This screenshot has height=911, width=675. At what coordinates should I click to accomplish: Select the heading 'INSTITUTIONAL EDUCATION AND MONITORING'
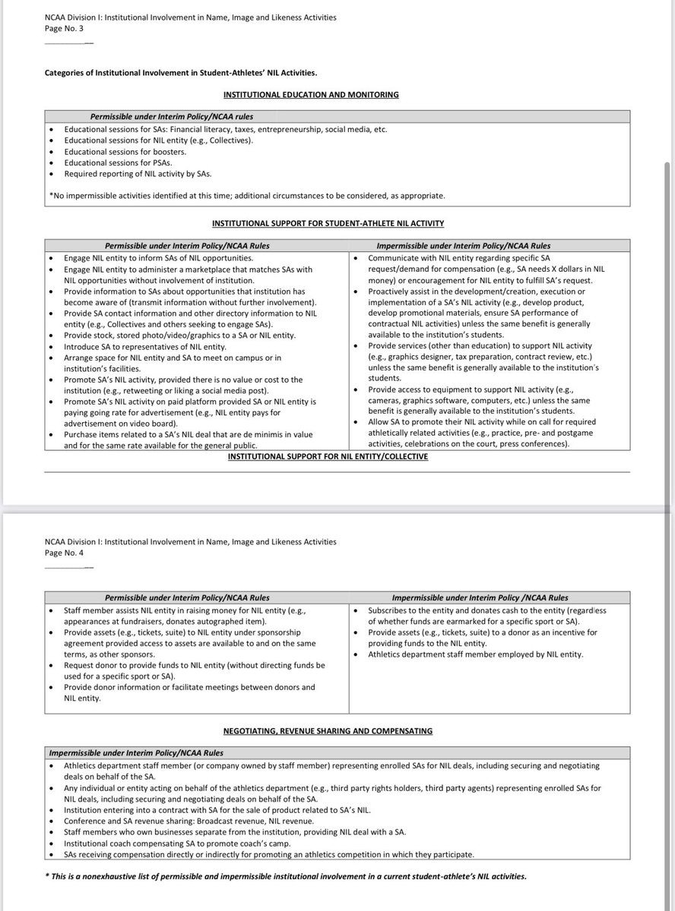(311, 94)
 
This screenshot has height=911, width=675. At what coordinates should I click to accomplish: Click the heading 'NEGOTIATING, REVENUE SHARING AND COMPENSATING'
(328, 731)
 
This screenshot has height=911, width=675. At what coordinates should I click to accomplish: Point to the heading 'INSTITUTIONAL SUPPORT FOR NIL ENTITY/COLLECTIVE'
(328, 456)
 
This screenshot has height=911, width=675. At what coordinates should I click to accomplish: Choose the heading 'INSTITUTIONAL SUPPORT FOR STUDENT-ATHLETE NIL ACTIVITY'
(328, 223)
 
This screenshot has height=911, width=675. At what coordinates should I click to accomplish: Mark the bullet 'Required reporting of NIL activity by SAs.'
(138, 173)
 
